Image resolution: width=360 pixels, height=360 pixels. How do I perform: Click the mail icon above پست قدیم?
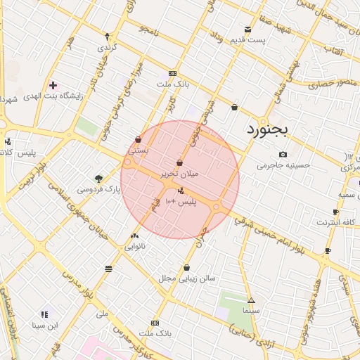247,29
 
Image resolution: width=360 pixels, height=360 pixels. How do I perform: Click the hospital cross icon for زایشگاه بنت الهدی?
53,84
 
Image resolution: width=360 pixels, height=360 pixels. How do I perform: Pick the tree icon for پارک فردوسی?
98,179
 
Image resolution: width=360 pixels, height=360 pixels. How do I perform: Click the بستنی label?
137,150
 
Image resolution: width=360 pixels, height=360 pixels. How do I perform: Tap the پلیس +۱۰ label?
181,202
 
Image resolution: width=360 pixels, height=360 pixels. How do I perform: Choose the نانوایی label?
135,247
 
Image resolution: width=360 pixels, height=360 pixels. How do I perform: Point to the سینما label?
250,309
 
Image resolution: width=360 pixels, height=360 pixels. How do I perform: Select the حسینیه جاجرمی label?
283,166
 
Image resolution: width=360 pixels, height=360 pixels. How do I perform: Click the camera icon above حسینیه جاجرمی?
283,155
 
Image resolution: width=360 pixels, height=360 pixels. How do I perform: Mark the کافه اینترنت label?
333,222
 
